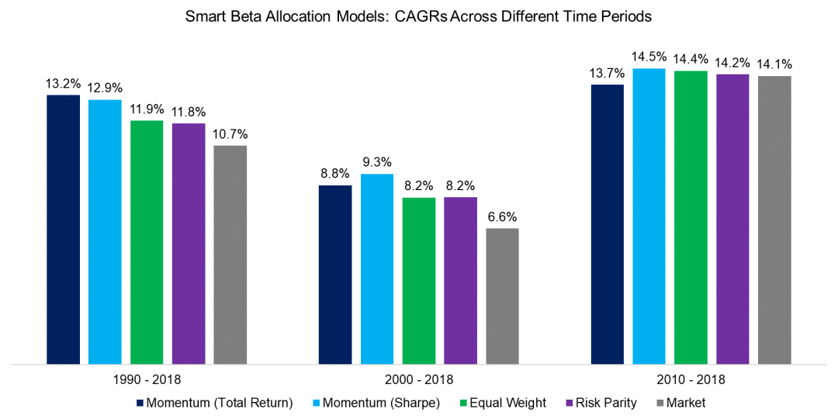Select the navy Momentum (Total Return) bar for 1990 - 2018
63,229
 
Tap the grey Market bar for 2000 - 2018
502,296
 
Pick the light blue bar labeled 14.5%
649,216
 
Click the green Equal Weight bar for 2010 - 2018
691,217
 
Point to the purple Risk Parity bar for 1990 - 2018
189,243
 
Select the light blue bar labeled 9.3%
376,268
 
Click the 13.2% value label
63,83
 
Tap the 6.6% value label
502,216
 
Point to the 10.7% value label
230,133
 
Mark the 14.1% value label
774,64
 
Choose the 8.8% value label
335,174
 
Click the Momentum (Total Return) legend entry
214,403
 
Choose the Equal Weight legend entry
496,403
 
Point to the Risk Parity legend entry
598,403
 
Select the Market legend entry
680,403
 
